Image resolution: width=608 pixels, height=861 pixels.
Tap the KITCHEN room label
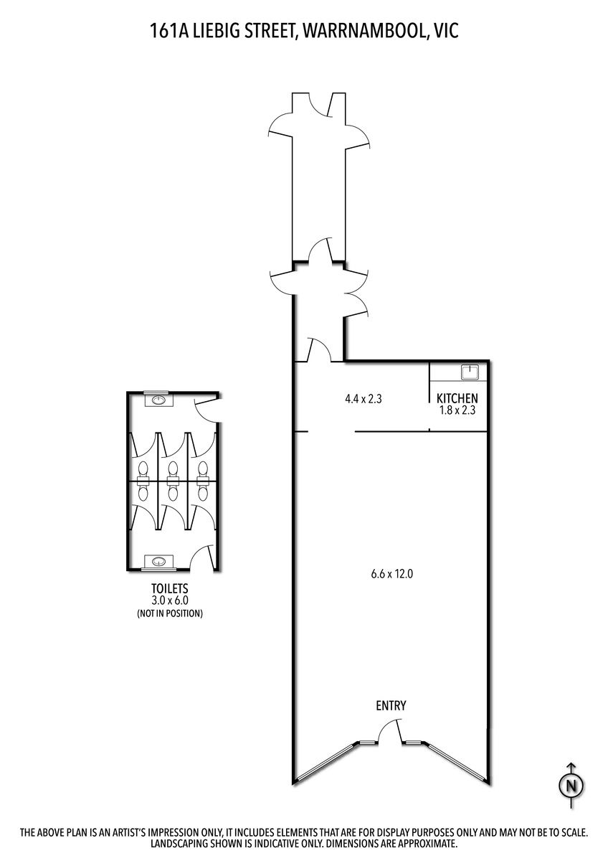(x=457, y=397)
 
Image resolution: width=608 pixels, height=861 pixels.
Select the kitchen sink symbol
(x=469, y=372)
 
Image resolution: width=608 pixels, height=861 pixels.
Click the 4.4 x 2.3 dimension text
(x=364, y=399)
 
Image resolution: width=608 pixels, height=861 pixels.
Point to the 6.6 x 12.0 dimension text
(x=391, y=574)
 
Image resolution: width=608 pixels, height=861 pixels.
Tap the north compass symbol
(x=572, y=794)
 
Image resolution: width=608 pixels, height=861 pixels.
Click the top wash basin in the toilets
(x=158, y=400)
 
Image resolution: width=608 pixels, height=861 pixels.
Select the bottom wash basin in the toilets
(x=158, y=561)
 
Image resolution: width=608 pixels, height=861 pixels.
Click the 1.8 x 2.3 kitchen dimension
(x=457, y=410)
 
